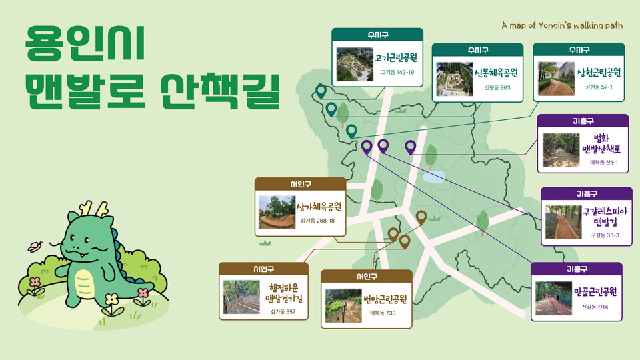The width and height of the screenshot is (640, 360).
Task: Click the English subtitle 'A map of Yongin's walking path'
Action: tap(562, 26)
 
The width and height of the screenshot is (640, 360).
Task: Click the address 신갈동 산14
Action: tap(595, 307)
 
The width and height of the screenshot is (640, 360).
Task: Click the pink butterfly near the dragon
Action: tap(35, 246)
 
